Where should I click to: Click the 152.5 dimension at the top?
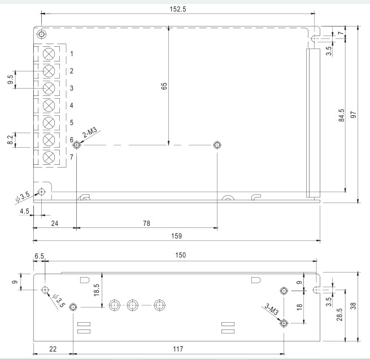coord(178,9)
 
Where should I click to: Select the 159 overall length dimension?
coord(176,236)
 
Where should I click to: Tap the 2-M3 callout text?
coord(90,133)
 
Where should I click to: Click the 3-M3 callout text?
coord(271,309)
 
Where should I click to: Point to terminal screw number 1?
coord(49,54)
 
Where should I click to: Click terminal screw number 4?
coord(49,106)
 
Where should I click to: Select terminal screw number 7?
coord(49,157)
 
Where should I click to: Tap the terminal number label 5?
coord(72,122)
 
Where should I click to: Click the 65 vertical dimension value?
coord(164,86)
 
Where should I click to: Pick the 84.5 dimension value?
coord(341,115)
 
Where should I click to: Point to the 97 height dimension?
coord(353,115)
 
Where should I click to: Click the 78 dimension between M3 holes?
coord(146,223)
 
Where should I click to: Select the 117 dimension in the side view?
coord(178,349)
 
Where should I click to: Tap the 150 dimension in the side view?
coord(181,255)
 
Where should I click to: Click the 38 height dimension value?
coord(353,306)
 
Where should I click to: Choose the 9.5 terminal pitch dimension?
coord(10,80)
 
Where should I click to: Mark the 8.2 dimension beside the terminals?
coord(10,140)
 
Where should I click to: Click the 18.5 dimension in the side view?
coord(96,290)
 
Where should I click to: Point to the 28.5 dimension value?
coord(339,314)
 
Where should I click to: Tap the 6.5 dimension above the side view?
coord(39,256)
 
